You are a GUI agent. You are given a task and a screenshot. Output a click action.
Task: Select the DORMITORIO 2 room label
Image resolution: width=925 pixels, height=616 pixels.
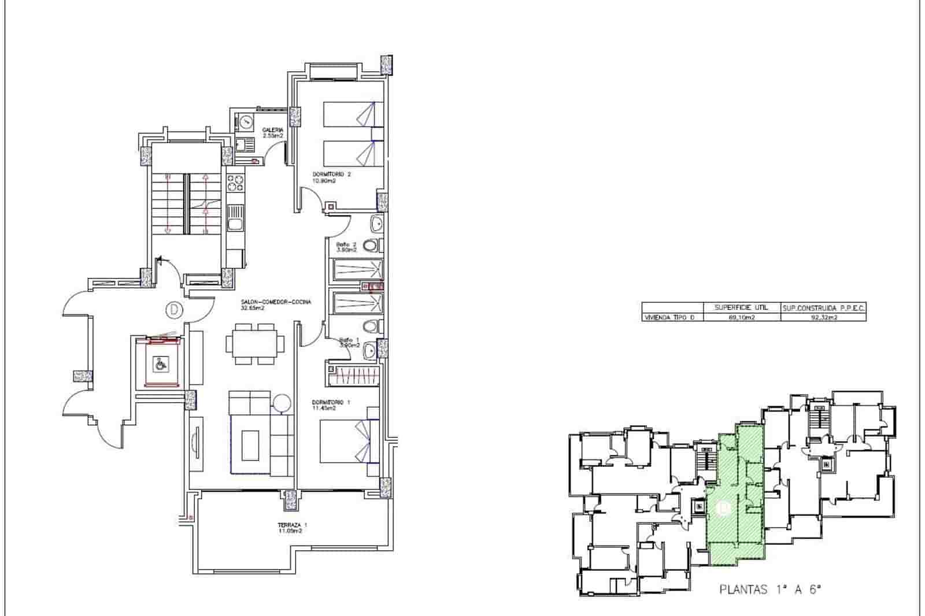coord(332,177)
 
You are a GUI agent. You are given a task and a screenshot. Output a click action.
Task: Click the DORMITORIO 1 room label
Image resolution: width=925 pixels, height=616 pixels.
coord(331,405)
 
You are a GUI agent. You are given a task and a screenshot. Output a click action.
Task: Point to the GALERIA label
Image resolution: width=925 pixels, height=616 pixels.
coord(272,132)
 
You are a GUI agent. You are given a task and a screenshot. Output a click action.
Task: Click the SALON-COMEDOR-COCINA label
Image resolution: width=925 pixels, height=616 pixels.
coord(276,305)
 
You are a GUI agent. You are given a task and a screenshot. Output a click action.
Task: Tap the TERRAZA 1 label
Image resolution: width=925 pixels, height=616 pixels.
coord(291,528)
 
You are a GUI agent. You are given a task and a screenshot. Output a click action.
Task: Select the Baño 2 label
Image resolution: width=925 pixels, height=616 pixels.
coord(347,247)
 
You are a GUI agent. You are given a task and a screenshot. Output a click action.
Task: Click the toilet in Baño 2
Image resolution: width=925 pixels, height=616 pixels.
coord(373,246)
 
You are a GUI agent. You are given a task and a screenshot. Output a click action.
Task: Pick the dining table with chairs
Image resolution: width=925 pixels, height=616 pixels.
coord(255,344)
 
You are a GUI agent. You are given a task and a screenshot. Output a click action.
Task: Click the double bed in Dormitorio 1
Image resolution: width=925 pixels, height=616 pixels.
coord(349,441)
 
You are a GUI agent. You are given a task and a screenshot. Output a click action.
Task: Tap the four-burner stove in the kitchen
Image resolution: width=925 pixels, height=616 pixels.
coord(235,183)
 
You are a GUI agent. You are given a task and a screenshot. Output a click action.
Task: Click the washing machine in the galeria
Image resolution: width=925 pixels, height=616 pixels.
coord(246,123)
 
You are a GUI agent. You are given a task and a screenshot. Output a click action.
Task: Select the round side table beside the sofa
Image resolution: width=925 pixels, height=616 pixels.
coord(282,403)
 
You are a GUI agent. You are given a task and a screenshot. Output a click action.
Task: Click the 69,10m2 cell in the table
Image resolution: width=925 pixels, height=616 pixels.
coord(741,317)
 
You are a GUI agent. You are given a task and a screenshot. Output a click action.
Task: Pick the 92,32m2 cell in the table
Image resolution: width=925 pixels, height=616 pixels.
coord(824,317)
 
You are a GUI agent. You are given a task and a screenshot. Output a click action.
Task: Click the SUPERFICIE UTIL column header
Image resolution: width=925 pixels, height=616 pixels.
coord(741,308)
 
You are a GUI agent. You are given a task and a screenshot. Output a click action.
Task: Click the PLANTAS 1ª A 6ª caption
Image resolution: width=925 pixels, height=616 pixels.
coord(770,589)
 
